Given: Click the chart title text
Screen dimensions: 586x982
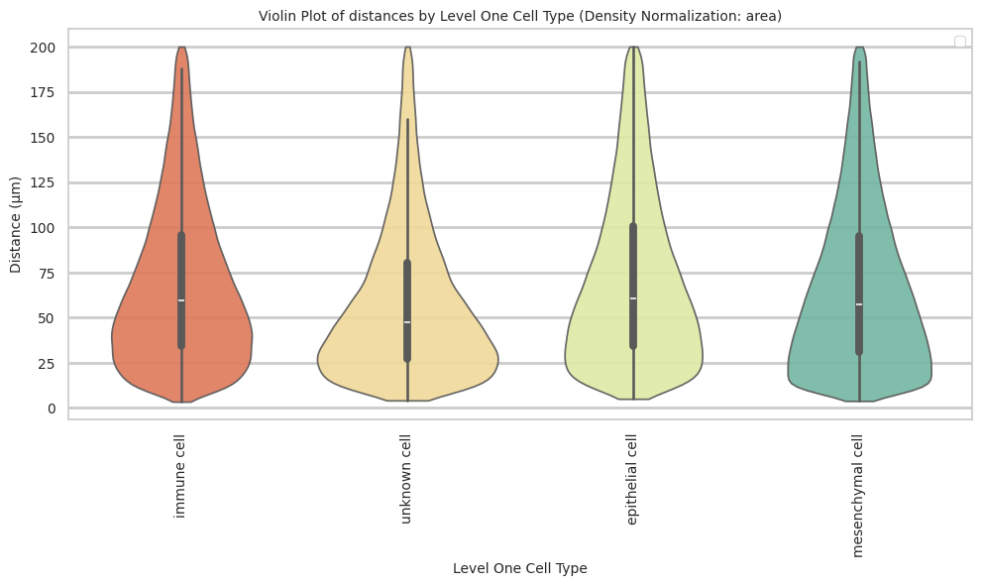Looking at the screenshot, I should (x=520, y=16).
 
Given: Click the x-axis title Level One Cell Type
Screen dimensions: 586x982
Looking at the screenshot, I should (x=519, y=568).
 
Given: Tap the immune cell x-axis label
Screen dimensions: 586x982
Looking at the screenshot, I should (x=180, y=476).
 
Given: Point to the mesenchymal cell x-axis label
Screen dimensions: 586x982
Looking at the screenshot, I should (x=858, y=495).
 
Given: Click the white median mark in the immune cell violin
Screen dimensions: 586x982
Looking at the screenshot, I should (x=181, y=300).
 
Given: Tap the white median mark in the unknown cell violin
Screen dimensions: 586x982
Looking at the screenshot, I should (x=407, y=322).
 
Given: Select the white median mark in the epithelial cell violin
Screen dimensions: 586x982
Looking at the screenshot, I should (x=633, y=298).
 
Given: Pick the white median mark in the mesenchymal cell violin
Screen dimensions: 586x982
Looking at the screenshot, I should (x=859, y=304).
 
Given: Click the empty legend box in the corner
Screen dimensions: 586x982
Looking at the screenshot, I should (x=959, y=42).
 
